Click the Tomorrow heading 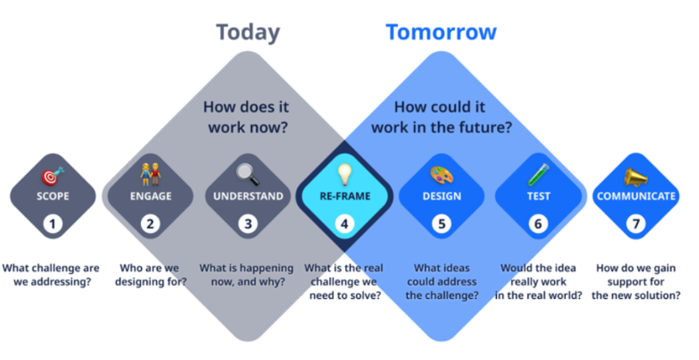point(441,32)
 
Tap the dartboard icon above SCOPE point(53,176)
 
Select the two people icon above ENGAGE point(150,174)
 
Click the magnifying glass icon point(248,174)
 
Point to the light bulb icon point(344,174)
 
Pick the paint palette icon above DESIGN point(442,175)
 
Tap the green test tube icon point(539,174)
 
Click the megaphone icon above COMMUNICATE point(636,177)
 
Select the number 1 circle point(53,224)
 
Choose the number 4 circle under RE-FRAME point(344,224)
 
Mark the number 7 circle point(636,224)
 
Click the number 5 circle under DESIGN point(441,224)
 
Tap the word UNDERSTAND point(248,197)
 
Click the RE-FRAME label point(345,197)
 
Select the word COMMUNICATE point(636,197)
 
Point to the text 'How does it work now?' point(246,117)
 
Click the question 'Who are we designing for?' point(150,276)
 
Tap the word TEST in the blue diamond point(539,197)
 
